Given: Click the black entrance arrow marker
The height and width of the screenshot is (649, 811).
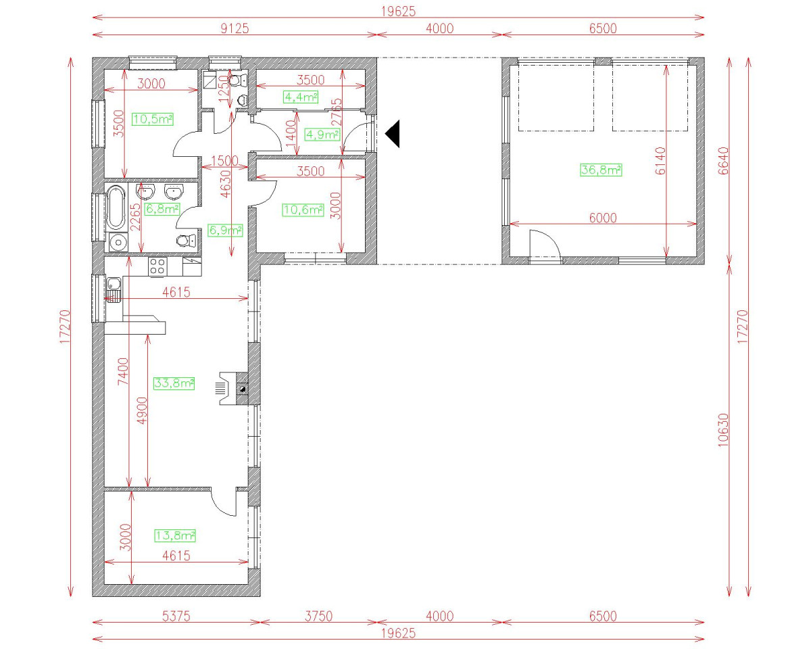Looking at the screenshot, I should [x=393, y=133].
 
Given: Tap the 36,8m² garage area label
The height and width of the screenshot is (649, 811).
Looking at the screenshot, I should [x=601, y=170].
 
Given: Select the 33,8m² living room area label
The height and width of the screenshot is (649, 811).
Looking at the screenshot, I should [x=174, y=383].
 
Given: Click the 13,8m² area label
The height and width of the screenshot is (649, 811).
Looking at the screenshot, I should [x=175, y=536].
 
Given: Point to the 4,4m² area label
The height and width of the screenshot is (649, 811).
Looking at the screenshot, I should [x=301, y=97].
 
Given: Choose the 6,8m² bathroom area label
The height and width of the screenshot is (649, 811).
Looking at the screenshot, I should [x=162, y=210].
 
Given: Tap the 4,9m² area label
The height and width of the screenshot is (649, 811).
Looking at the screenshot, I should [x=322, y=135].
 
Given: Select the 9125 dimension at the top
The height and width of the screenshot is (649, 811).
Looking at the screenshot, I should [x=235, y=28].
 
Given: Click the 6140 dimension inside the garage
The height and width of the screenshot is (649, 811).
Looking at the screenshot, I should [x=660, y=161].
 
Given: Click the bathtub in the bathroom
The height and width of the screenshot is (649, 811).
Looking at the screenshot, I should [x=114, y=208].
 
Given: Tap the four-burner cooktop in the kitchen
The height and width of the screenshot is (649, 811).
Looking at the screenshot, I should [x=157, y=266].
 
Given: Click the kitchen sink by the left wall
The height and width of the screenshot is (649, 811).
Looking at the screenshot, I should [x=113, y=289].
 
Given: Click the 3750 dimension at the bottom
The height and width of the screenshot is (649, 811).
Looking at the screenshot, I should [x=318, y=617].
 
